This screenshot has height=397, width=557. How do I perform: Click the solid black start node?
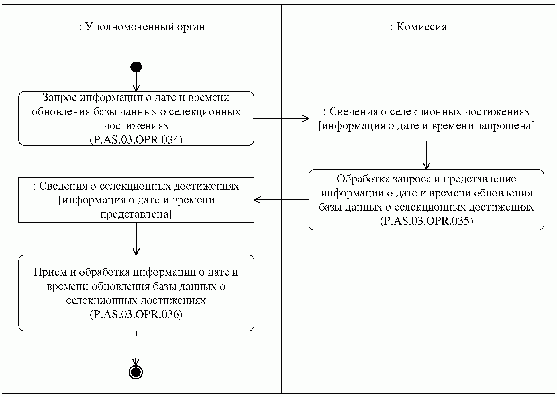click(136, 67)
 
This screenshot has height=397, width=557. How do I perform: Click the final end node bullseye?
click(136, 372)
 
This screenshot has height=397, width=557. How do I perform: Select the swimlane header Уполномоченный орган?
click(142, 27)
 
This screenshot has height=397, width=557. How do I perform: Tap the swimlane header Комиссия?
click(419, 27)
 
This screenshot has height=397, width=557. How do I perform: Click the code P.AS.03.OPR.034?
click(136, 140)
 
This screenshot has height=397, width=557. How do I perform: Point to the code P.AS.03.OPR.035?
click(427, 221)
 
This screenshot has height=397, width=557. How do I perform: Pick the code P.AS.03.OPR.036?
click(136, 314)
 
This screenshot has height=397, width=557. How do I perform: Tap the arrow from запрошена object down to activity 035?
click(426, 155)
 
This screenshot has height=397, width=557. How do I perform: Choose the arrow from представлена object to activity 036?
click(136, 239)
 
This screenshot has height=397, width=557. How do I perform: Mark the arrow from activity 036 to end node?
click(136, 349)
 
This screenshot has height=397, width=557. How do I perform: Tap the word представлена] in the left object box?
click(136, 214)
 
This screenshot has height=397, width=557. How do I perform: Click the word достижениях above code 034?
click(136, 126)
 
